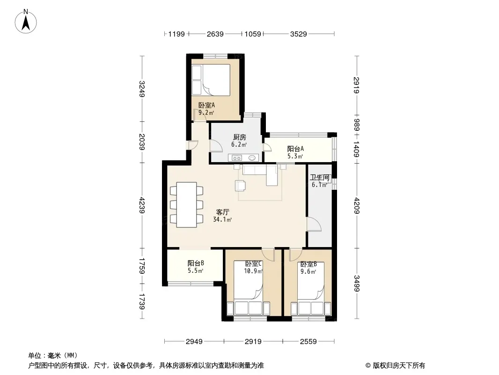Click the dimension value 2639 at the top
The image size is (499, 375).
click(x=215, y=34)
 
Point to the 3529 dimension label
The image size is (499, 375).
click(x=298, y=34)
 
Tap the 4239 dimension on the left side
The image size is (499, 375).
click(x=142, y=205)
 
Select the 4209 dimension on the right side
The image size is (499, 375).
click(x=357, y=205)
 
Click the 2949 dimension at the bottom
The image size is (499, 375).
click(x=194, y=342)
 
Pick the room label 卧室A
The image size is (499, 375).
click(x=206, y=105)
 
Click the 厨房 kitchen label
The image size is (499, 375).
click(x=239, y=137)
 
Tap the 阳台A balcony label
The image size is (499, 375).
click(x=295, y=149)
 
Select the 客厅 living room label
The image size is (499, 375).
click(x=222, y=212)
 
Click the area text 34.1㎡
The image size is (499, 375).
click(x=222, y=219)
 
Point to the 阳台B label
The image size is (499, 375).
click(x=195, y=263)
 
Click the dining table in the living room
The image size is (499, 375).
click(x=186, y=204)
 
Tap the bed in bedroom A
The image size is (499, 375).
click(x=211, y=80)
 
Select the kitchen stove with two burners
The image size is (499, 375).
click(x=237, y=157)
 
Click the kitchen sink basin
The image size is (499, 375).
click(x=252, y=157)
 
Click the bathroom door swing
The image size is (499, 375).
click(x=314, y=224)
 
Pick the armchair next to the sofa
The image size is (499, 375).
click(x=240, y=186)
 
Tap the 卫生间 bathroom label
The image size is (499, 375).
click(x=320, y=178)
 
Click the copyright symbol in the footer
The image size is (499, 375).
click(x=368, y=366)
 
